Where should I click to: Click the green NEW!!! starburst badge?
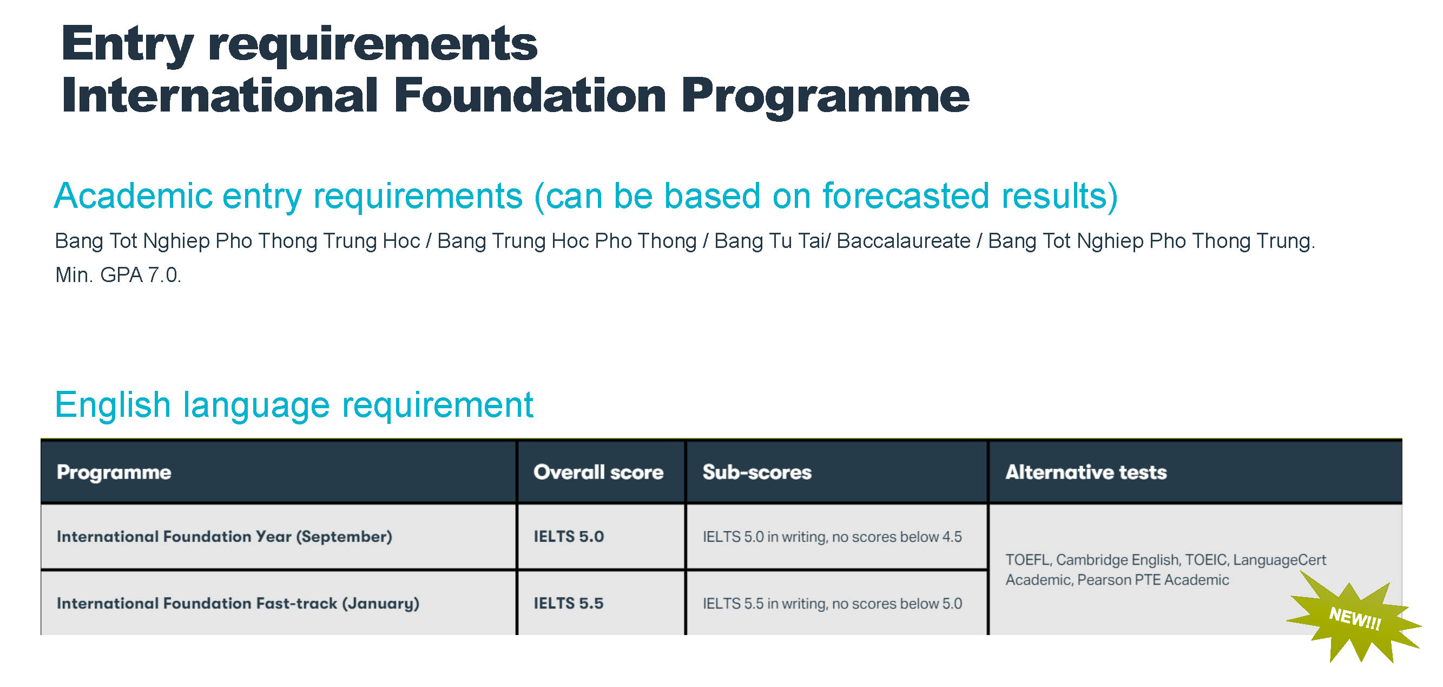tap(1354, 618)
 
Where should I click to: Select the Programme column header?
tap(114, 473)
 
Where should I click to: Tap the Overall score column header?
tap(598, 473)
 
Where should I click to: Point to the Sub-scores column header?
tap(757, 473)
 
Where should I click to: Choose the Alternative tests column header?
tap(1086, 473)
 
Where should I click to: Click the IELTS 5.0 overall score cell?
tap(569, 536)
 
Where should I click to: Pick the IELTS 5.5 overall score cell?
tap(569, 603)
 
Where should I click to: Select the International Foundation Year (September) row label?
tap(224, 537)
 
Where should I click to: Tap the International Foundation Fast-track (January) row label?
tap(238, 604)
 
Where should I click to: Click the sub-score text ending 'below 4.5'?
tap(832, 537)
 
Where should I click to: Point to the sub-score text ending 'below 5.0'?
tap(832, 604)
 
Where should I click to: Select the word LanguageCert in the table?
tap(1280, 560)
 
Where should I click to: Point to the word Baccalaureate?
tap(904, 241)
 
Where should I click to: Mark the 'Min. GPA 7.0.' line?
tap(118, 275)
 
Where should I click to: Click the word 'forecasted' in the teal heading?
tap(906, 196)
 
